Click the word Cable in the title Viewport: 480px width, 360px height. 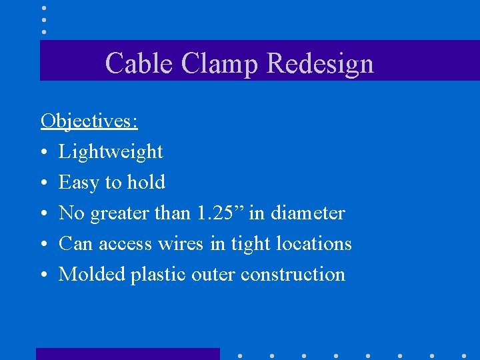tap(131, 63)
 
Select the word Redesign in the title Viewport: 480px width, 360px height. tap(320, 63)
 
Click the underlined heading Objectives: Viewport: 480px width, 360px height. tap(89, 121)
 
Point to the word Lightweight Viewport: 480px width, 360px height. tap(111, 152)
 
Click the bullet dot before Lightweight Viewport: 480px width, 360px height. tap(43, 153)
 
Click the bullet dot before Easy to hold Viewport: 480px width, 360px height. tap(43, 183)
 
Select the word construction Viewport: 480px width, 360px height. tap(293, 275)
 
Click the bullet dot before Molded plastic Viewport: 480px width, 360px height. tap(43, 275)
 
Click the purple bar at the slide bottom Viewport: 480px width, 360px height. tap(127, 354)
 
